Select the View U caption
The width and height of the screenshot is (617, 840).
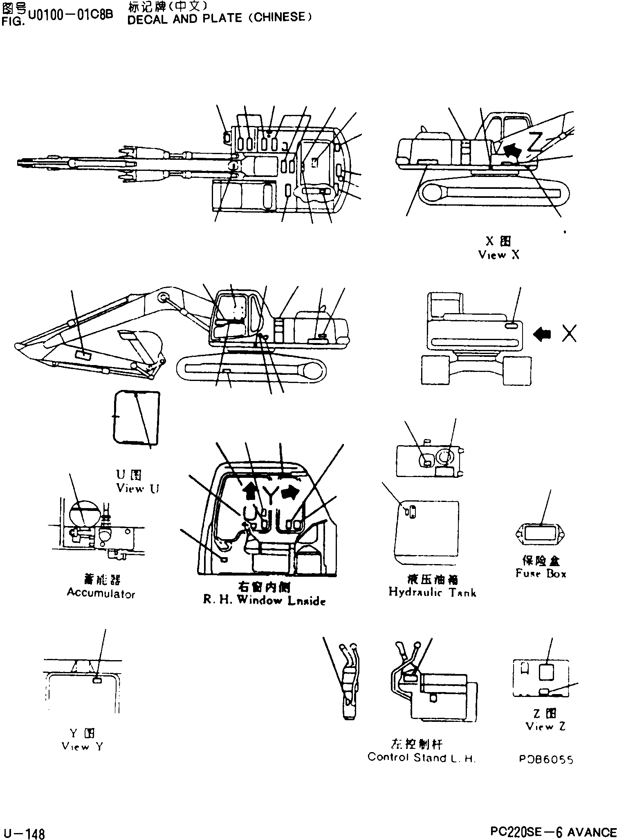[x=138, y=488]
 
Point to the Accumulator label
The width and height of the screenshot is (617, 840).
[x=101, y=593]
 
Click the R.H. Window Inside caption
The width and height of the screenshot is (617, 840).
[x=264, y=600]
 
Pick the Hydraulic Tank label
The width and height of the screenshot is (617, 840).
[x=432, y=592]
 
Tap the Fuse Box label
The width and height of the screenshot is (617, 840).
[x=541, y=573]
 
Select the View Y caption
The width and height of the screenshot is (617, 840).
[x=82, y=746]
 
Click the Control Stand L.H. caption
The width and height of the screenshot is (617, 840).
[x=421, y=757]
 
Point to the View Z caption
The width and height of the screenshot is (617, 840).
[x=545, y=726]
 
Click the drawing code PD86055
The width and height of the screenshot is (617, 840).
[x=546, y=759]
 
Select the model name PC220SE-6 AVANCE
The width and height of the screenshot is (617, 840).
[x=553, y=832]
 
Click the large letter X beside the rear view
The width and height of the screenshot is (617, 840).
[x=569, y=334]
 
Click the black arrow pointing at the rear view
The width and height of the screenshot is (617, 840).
[x=542, y=334]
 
